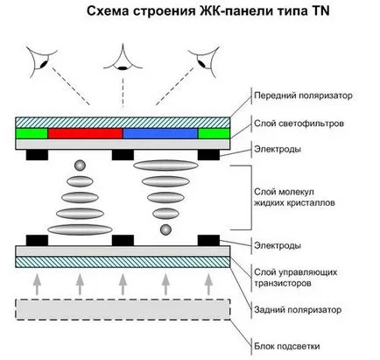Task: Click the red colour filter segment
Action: (x=85, y=133)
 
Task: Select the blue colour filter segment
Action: (x=160, y=133)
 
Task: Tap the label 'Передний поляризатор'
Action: (x=303, y=95)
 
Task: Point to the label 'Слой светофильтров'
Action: (x=299, y=124)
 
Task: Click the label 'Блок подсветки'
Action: (x=287, y=346)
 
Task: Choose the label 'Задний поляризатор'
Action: (x=298, y=310)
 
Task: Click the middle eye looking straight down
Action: (x=123, y=58)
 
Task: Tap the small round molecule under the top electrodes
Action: (x=80, y=166)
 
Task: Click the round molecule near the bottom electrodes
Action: (x=165, y=229)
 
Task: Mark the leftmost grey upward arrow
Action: (x=37, y=285)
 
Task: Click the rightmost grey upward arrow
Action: (x=208, y=285)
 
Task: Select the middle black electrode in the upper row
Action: (x=123, y=155)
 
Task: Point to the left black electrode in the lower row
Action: (x=37, y=240)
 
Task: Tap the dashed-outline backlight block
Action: (x=123, y=309)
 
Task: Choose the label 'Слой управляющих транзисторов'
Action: (x=295, y=278)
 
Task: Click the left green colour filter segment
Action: (x=32, y=133)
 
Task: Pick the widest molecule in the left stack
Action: (x=80, y=229)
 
